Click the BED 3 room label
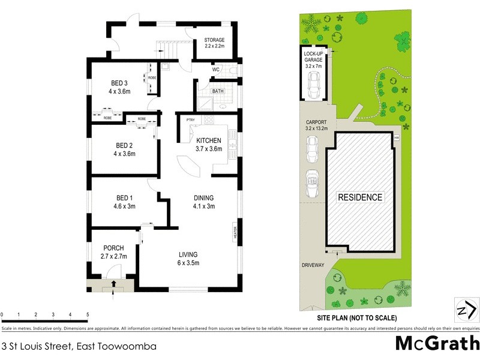pos(119,83)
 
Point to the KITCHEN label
pos(209,140)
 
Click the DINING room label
pos(203,198)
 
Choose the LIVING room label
pos(187,254)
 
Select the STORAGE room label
pos(214,40)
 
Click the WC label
pos(215,70)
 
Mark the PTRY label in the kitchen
pos(190,119)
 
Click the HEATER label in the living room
pos(235,231)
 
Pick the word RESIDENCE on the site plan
pos(359,197)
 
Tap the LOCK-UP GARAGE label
pos(313,58)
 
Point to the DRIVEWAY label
pos(313,265)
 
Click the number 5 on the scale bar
pos(88,314)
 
